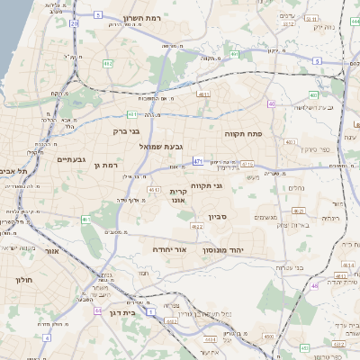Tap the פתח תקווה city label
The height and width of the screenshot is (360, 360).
[x=269, y=134]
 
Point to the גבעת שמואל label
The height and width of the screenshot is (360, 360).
[x=161, y=146]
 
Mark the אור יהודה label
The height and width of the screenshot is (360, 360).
[x=169, y=247]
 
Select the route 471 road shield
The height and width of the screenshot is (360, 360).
[x=197, y=162]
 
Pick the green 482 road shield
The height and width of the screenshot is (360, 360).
[x=107, y=64]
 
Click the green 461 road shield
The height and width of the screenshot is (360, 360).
[x=85, y=219]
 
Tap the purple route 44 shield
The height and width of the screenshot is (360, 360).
[x=96, y=310]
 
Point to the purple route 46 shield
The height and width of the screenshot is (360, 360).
[x=314, y=285]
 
